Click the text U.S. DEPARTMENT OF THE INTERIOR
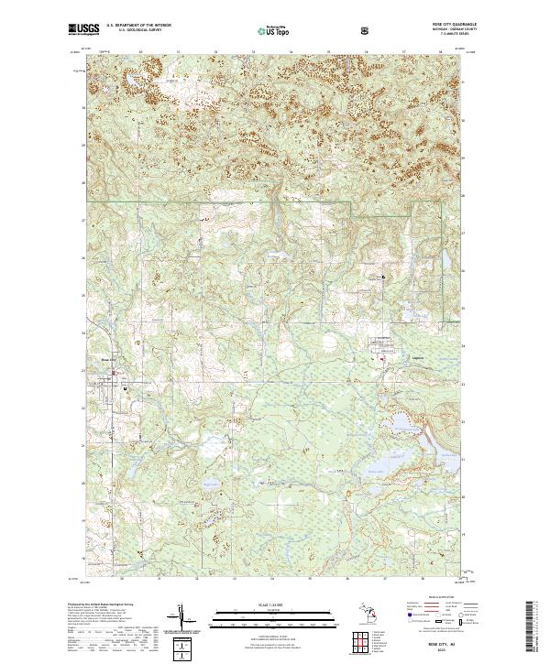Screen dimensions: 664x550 138,25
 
